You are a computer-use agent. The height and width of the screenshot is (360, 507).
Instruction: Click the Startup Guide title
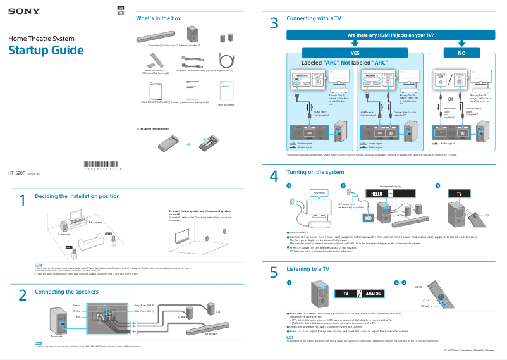click(x=46, y=51)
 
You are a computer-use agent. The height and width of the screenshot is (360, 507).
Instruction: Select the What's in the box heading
click(x=159, y=18)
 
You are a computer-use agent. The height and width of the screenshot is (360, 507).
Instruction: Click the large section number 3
click(x=274, y=24)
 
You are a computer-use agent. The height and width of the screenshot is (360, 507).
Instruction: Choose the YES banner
click(x=355, y=53)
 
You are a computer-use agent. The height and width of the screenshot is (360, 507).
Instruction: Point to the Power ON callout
click(x=319, y=192)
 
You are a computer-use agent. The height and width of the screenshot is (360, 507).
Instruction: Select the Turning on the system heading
click(x=315, y=172)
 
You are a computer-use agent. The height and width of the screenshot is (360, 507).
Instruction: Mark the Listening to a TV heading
click(x=308, y=269)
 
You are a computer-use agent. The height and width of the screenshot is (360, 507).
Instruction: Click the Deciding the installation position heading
click(x=77, y=196)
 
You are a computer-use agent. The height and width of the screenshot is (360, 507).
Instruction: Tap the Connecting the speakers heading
click(x=66, y=292)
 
